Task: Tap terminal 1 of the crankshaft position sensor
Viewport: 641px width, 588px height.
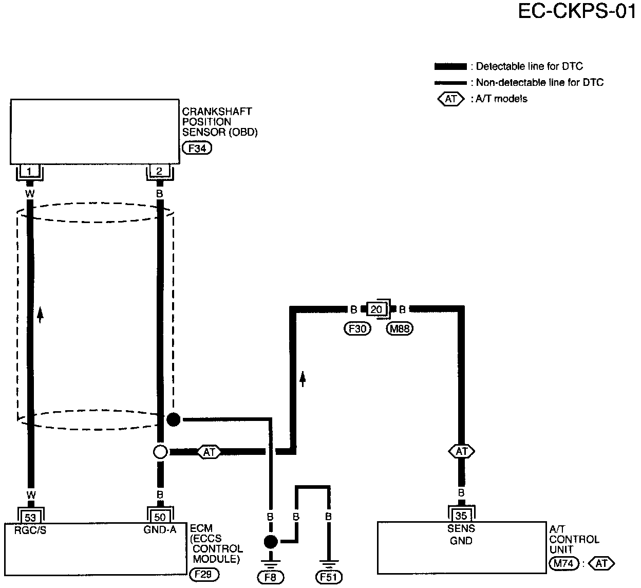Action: click(30, 171)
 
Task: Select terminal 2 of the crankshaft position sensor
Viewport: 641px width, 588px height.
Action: click(159, 171)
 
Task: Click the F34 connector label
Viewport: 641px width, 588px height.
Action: click(197, 149)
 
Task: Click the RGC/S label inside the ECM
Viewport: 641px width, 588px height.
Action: click(31, 530)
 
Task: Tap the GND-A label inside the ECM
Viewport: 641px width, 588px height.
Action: click(160, 530)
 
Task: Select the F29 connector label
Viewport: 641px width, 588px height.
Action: click(204, 574)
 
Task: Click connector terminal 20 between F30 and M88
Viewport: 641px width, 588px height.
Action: click(376, 309)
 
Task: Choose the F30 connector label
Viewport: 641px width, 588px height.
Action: click(357, 329)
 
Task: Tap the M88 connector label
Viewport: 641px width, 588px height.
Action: click(400, 329)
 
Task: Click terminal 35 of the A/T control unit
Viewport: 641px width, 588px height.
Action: click(461, 516)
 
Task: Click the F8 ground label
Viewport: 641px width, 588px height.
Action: click(271, 577)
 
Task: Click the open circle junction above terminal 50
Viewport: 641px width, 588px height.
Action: click(160, 452)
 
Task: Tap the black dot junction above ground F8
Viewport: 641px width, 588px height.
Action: click(271, 542)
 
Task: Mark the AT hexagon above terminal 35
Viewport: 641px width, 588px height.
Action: click(461, 451)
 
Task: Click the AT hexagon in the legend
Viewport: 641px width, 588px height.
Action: click(450, 99)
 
